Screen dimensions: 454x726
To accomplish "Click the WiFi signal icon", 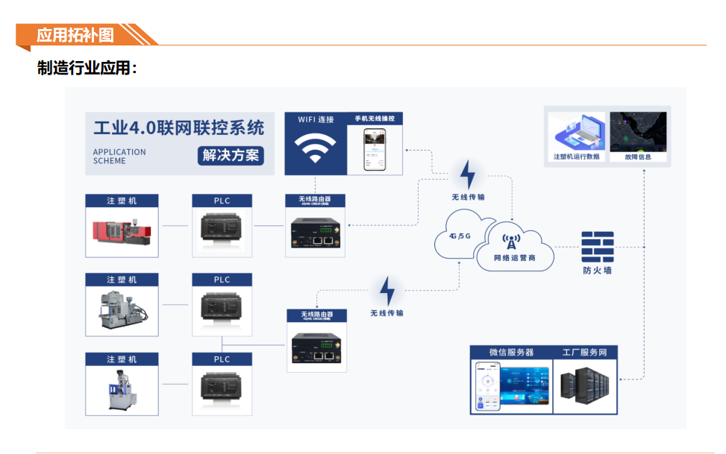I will [x=315, y=149].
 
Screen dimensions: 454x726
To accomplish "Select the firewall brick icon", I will [x=597, y=246].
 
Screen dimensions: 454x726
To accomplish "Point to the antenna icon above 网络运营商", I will [x=512, y=241].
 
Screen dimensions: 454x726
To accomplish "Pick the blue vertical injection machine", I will [x=120, y=389].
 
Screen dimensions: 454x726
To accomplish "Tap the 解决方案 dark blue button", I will [x=231, y=156].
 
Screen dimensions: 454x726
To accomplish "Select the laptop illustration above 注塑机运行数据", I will [x=577, y=132].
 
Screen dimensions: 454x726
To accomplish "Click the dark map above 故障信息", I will [x=638, y=132].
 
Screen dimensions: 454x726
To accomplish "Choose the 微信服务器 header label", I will [x=511, y=352].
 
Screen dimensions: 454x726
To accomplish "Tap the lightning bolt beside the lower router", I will [x=387, y=291].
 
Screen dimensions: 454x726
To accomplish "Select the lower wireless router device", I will [x=317, y=347].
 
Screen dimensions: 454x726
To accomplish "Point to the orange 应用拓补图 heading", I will [x=75, y=35].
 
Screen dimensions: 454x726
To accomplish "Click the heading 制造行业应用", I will [x=87, y=69].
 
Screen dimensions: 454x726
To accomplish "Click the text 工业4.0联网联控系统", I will [x=178, y=127].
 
